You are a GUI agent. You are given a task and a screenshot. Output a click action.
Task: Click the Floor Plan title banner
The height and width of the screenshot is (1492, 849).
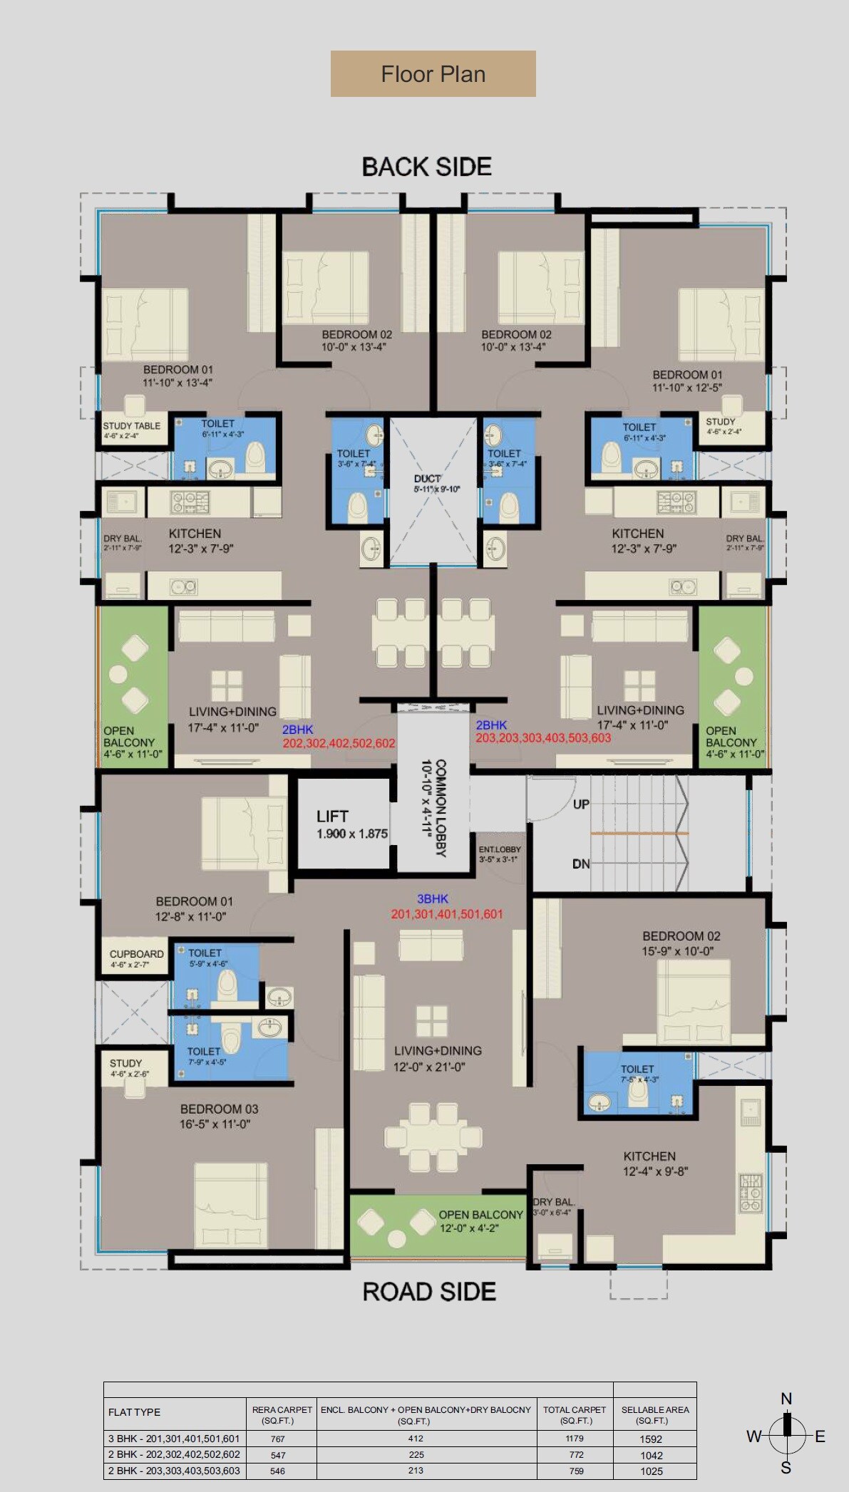coord(433,73)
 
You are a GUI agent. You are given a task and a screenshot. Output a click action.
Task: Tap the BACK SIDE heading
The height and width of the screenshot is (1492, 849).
coord(426,167)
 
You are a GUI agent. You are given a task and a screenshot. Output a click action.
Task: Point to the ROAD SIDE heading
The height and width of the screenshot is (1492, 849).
coord(429,1291)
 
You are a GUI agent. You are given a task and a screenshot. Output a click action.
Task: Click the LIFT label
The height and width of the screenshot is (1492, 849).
coord(332,817)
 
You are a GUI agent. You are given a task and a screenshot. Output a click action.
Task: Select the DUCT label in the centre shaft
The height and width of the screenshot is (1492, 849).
coord(427,479)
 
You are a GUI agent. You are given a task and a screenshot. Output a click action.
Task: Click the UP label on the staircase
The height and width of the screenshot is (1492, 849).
coord(581,804)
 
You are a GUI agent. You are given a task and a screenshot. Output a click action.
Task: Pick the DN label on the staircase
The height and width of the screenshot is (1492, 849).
coord(581,864)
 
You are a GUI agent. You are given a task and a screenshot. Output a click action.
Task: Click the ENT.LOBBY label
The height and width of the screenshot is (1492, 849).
coord(499,849)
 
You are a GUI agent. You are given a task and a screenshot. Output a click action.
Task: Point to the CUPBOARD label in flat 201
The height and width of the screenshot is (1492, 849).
coord(136,954)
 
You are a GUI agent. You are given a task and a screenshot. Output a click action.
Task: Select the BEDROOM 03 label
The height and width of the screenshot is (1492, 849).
coord(219,1109)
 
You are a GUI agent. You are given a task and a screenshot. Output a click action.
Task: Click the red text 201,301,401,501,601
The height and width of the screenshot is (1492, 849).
coord(447,914)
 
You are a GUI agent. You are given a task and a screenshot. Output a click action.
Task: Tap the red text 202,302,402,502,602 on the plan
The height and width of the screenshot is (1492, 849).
coord(339,743)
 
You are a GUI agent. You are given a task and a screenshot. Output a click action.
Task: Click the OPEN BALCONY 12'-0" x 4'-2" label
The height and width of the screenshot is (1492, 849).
coord(480,1221)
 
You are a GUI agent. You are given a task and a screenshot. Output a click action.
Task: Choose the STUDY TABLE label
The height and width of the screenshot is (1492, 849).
coord(132,425)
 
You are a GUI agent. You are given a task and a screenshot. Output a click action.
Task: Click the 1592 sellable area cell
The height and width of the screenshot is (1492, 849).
coord(651,1439)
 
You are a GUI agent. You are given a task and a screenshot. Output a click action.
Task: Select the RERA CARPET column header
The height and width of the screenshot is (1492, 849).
coord(282,1414)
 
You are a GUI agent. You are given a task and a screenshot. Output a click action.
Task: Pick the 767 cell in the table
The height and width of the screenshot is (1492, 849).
coord(278,1439)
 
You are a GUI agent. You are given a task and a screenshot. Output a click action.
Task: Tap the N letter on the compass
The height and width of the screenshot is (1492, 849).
coord(786,1399)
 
